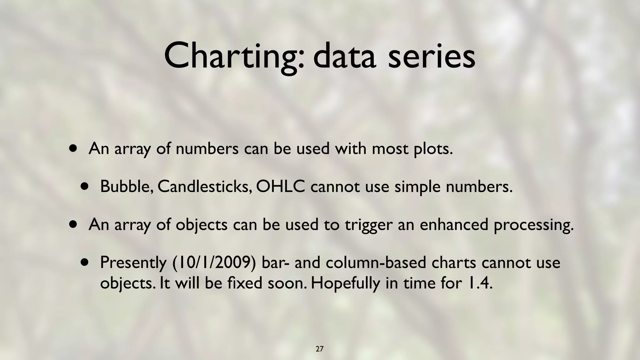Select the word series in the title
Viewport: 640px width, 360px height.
tap(432, 56)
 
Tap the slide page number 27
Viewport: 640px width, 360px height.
tap(319, 349)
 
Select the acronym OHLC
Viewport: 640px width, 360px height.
tap(280, 187)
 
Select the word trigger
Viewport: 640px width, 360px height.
tap(369, 225)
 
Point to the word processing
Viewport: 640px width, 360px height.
tap(534, 225)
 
